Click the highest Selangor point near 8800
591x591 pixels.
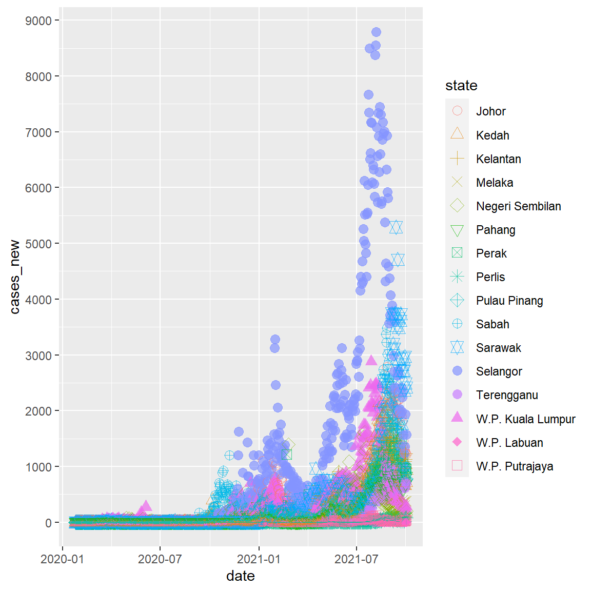(x=376, y=32)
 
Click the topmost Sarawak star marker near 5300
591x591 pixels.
(x=396, y=227)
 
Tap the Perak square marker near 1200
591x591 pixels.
(x=287, y=454)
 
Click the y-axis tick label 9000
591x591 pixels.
(x=38, y=21)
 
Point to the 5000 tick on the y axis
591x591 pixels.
(x=38, y=244)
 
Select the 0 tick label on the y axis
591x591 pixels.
(x=48, y=523)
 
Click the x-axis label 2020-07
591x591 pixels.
(x=160, y=559)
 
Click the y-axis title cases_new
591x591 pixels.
(x=15, y=277)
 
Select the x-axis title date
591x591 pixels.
(x=240, y=576)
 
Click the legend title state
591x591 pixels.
(x=461, y=86)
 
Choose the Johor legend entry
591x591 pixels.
(x=490, y=111)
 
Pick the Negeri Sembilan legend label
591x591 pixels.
(x=518, y=206)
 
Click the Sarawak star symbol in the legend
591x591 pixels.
(x=457, y=348)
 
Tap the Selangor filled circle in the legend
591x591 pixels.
(x=457, y=371)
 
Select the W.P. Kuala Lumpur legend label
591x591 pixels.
(x=525, y=419)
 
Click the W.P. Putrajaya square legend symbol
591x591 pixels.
(x=457, y=466)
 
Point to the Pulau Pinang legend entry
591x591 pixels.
(x=509, y=301)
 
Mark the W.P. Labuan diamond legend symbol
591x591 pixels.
(x=457, y=442)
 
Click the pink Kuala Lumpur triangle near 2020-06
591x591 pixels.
(x=146, y=506)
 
